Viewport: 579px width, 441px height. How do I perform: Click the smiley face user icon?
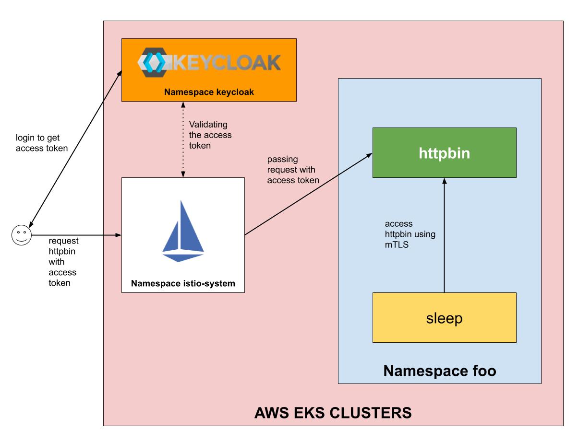coord(21,235)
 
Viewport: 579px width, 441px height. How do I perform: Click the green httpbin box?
coord(444,152)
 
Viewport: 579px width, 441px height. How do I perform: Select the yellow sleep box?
coord(444,317)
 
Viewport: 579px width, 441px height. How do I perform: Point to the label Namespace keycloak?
coord(209,92)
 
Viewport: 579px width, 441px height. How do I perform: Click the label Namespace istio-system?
coord(183,283)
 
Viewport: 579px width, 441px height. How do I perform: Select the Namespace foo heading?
coord(439,371)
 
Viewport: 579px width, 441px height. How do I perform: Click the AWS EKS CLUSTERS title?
coord(333,412)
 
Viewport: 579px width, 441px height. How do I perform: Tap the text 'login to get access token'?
coord(42,143)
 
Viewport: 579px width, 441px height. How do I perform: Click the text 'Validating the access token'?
coord(210,135)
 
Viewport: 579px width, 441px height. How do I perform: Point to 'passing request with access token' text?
coord(293,170)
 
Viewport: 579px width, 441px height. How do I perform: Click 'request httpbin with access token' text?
coord(63,262)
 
